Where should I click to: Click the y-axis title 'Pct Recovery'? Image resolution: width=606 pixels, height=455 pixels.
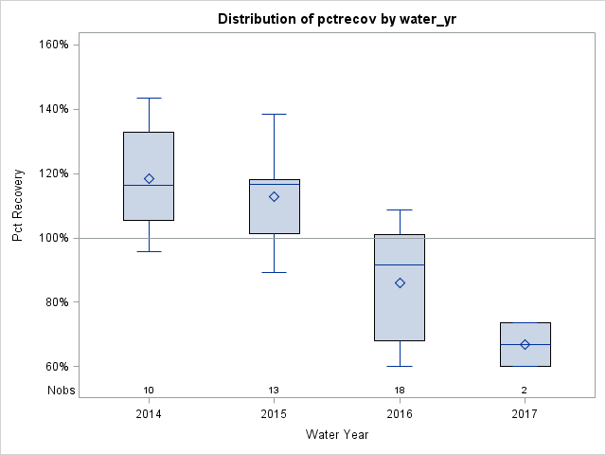click(18, 206)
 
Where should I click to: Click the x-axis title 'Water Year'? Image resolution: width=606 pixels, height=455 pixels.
click(337, 435)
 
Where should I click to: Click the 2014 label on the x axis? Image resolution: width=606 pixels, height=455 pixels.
click(149, 414)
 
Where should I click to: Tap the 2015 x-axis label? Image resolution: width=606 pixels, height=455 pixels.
click(274, 414)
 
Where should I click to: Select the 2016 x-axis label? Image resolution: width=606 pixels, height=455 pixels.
click(400, 414)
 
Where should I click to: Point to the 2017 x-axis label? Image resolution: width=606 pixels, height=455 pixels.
click(525, 414)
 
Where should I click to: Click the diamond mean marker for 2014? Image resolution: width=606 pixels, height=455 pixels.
click(149, 178)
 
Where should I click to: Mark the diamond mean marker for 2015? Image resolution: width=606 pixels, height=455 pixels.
click(274, 196)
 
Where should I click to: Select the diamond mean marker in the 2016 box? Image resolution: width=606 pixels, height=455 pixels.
click(400, 282)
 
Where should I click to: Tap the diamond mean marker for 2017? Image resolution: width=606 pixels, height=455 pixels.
click(525, 344)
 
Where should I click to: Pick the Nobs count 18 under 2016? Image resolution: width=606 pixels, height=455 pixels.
click(400, 390)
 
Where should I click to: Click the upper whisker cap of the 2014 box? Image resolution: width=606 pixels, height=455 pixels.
click(149, 98)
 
